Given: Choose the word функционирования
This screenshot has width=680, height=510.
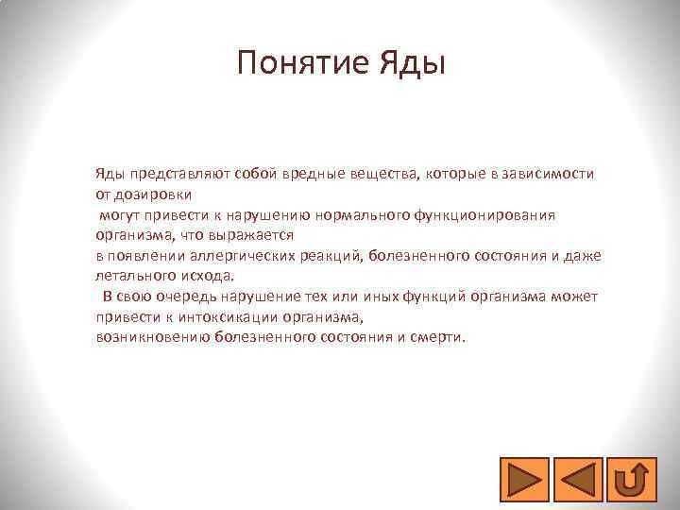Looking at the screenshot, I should click(484, 214).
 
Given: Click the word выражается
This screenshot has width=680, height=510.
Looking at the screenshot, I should click(255, 235).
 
